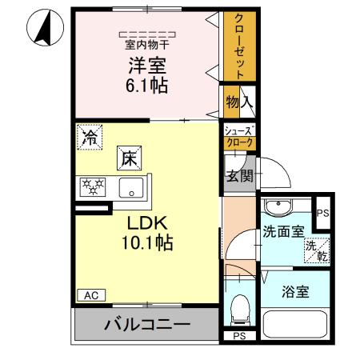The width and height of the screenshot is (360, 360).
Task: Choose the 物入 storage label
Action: [239, 102]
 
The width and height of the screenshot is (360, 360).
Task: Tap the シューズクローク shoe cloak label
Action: [238, 137]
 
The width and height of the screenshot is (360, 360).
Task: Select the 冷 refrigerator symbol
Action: [90, 136]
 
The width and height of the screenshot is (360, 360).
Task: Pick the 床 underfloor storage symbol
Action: [130, 158]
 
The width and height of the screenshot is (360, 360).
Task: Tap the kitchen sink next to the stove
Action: [130, 189]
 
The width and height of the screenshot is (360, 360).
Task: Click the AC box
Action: [90, 294]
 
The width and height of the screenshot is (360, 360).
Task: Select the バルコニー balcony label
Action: [146, 325]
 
